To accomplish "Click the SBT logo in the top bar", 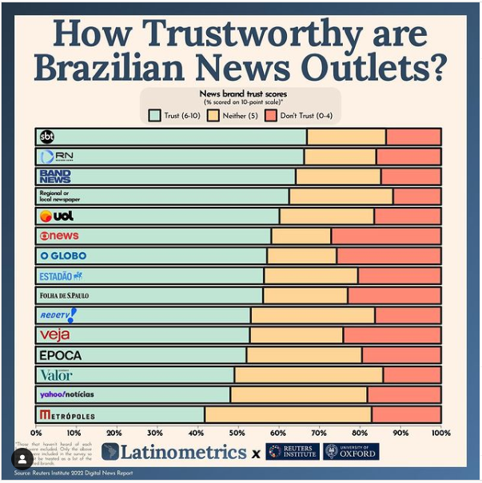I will pyautogui.click(x=47, y=137).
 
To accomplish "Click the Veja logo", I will pyautogui.click(x=54, y=335).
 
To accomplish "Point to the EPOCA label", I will pyautogui.click(x=61, y=355).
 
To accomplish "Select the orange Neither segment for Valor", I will pyautogui.click(x=309, y=374).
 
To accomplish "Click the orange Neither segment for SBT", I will pyautogui.click(x=347, y=137).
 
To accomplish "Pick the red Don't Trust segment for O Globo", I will pyautogui.click(x=388, y=256).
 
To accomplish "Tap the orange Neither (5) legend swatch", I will pyautogui.click(x=213, y=115).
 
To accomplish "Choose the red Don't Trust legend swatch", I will pyautogui.click(x=270, y=115).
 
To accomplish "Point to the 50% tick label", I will pyautogui.click(x=237, y=432).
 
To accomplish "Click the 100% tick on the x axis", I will pyautogui.click(x=440, y=432).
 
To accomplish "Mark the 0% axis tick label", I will pyautogui.click(x=37, y=432).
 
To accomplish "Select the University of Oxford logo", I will pyautogui.click(x=352, y=452).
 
